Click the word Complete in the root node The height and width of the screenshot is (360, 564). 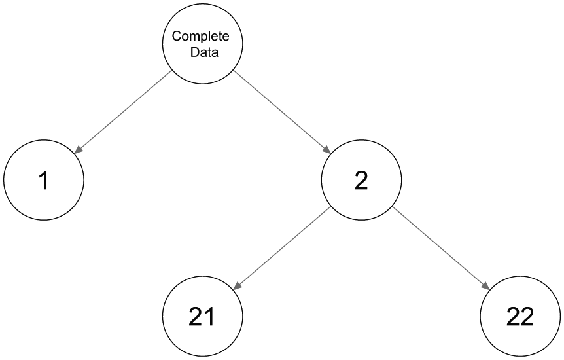200,37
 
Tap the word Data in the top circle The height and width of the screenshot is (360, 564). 204,52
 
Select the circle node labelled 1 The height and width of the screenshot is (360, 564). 44,179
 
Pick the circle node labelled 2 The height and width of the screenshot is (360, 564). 361,179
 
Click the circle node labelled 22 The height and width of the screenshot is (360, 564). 520,316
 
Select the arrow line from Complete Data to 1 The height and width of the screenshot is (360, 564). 123,112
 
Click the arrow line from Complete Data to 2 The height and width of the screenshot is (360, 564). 282,112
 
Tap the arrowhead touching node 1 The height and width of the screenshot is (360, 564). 78,150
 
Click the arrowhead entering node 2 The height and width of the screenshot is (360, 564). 327,150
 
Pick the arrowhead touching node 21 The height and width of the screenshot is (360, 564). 237,286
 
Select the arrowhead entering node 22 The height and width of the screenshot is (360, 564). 486,286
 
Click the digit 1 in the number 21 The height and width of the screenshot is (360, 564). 210,316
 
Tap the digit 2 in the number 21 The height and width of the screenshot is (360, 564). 196,316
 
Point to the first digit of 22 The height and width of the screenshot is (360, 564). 513,316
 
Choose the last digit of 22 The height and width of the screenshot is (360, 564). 527,316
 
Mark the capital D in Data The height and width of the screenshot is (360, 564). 194,52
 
